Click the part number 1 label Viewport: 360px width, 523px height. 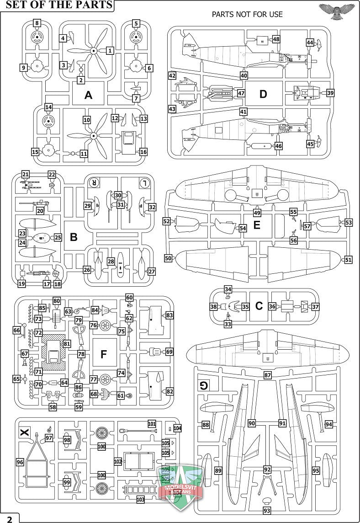click(110, 50)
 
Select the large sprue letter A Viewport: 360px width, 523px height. click(89, 95)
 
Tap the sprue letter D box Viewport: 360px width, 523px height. click(263, 94)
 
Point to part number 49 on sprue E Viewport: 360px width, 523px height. click(257, 212)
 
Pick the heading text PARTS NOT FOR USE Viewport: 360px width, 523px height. click(247, 14)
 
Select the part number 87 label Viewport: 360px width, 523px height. click(268, 375)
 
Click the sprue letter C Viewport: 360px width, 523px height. click(259, 306)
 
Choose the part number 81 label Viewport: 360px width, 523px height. click(67, 343)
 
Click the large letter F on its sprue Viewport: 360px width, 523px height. click(103, 354)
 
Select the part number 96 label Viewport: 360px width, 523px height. click(20, 462)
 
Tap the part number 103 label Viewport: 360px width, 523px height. click(140, 500)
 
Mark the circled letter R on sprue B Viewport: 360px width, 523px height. click(94, 182)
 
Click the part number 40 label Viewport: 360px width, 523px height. click(244, 75)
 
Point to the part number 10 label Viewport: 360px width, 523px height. click(87, 120)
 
